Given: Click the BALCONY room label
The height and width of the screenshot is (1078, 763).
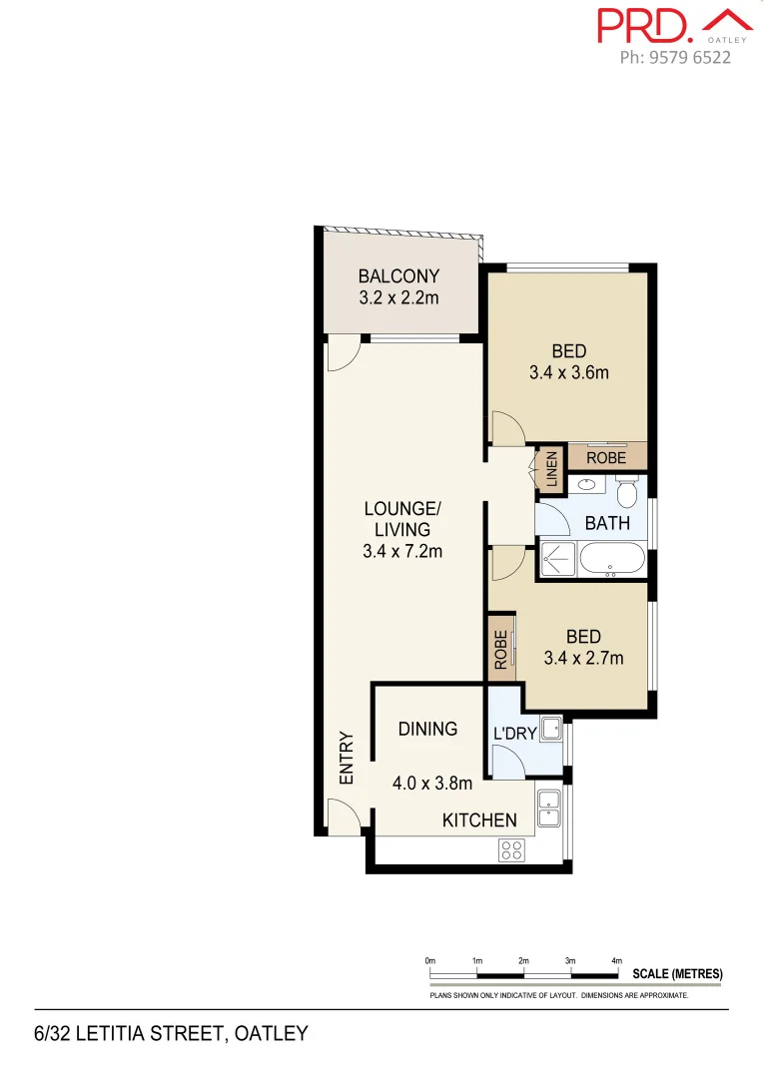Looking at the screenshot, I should tap(398, 276).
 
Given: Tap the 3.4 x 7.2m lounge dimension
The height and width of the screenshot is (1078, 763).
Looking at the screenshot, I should tap(402, 550).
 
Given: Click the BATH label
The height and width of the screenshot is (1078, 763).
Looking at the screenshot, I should tap(607, 523).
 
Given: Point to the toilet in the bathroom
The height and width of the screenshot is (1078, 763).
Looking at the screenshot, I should tap(627, 493).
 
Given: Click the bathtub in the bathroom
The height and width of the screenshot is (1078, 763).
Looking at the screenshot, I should tap(612, 561).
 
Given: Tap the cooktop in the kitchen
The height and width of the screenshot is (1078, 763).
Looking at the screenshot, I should tap(511, 849).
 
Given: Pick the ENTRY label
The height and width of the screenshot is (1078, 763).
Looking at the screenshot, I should tap(347, 759).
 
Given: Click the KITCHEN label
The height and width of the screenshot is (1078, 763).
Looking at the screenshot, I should tap(479, 820).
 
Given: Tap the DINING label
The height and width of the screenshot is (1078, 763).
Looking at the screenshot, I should tap(427, 729).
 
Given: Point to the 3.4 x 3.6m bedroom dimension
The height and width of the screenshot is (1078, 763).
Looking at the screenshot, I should tap(568, 373).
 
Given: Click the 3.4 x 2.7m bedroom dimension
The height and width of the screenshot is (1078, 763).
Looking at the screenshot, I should tap(583, 658).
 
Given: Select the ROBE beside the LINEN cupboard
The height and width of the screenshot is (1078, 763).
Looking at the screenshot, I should tap(606, 458).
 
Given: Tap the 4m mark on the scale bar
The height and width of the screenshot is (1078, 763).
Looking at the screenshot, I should tap(616, 961).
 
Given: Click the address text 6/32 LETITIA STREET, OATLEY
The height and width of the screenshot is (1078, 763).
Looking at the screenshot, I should tap(171, 1033).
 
